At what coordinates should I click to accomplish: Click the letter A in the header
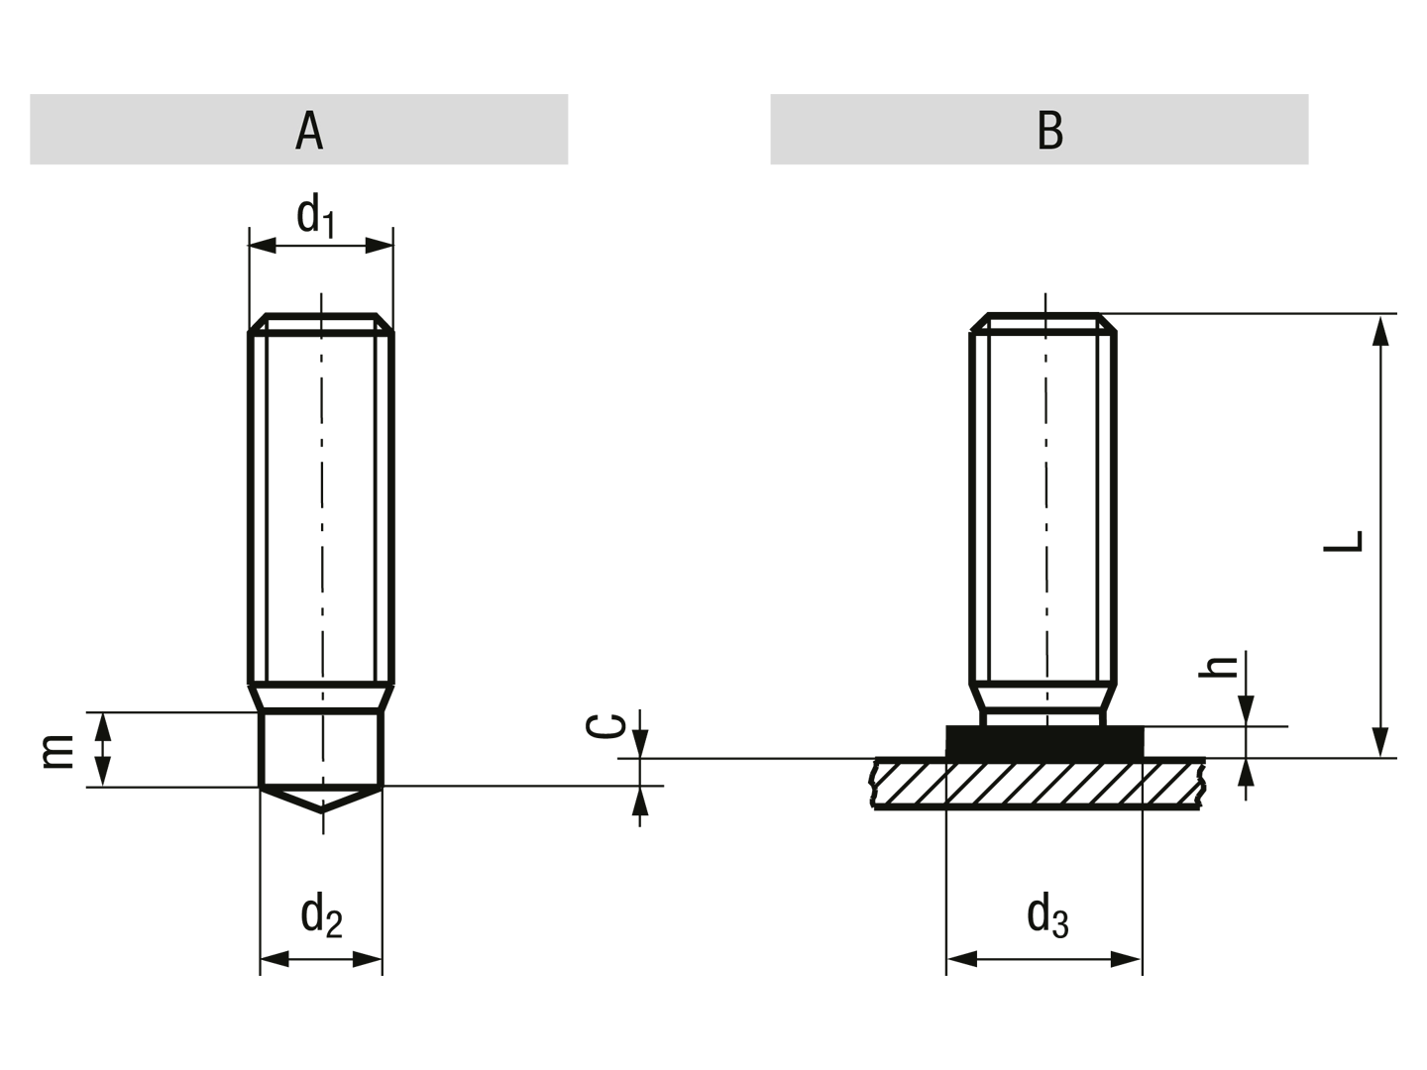coord(309,130)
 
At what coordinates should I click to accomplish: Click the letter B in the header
coord(1049,130)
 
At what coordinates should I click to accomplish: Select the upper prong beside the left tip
coord(87,712)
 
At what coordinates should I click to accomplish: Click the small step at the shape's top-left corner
coord(300,207)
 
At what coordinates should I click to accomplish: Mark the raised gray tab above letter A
coord(297,91)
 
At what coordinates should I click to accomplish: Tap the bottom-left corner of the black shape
coord(257,979)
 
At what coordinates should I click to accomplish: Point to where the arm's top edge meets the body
coord(247,706)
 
